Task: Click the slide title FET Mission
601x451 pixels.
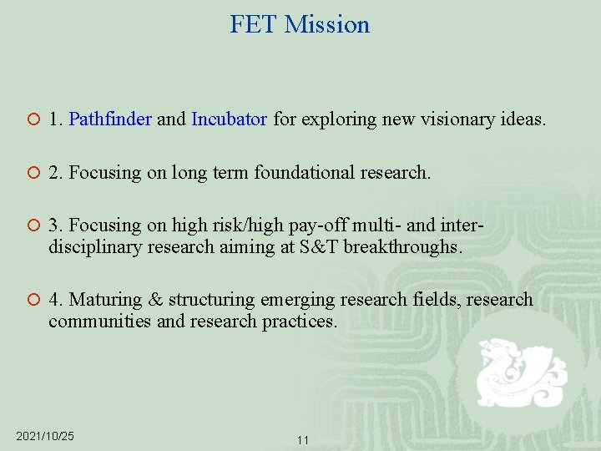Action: tap(300, 24)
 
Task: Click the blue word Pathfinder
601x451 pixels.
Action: tap(110, 119)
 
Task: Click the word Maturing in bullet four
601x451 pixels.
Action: tap(116, 300)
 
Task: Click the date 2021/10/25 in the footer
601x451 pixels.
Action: tap(45, 437)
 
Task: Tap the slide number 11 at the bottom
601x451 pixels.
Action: tap(303, 439)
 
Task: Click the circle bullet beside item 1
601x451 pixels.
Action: tap(31, 120)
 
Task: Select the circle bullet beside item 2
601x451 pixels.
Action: tap(31, 174)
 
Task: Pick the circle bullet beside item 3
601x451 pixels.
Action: tap(31, 227)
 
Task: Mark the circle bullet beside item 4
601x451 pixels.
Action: tap(31, 301)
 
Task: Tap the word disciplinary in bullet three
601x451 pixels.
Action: tap(94, 246)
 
